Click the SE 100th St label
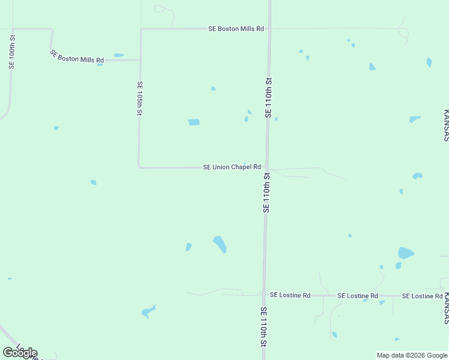(x=11, y=52)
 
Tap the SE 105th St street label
(x=139, y=98)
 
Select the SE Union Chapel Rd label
(x=232, y=167)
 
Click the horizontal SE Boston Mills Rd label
(x=236, y=28)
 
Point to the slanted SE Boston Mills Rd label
(x=77, y=57)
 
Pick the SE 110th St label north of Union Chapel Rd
(x=268, y=97)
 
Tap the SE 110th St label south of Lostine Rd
(x=263, y=327)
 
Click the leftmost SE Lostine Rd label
(x=290, y=295)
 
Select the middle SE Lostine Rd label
(x=358, y=296)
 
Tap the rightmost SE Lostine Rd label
(x=422, y=296)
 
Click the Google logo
(x=20, y=352)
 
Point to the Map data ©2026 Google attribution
(x=412, y=355)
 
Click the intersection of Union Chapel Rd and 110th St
(x=267, y=167)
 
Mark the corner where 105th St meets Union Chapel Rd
(x=139, y=167)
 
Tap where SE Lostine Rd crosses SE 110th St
(x=264, y=295)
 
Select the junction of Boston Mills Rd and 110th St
(x=270, y=28)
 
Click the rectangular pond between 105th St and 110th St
(x=193, y=122)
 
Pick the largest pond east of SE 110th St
(x=406, y=253)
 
